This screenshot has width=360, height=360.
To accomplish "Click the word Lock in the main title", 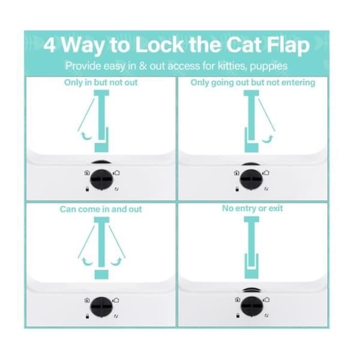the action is [160, 44].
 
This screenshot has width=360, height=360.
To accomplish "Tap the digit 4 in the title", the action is [49, 45].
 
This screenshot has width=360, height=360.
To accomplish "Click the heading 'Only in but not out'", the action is [101, 82].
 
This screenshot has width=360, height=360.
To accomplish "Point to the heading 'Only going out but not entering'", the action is [253, 82].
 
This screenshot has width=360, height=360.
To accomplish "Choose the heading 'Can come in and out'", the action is [101, 209].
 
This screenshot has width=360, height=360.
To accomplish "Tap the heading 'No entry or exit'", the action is [253, 208].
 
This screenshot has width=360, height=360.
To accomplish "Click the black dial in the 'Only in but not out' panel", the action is [101, 179].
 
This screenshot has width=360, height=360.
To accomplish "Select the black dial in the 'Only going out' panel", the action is [251, 179].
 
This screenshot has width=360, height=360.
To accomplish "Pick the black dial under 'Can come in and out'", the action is [101, 307].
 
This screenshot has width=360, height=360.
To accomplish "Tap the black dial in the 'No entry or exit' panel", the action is [252, 306].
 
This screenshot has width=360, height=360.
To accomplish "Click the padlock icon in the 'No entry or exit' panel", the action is [238, 315].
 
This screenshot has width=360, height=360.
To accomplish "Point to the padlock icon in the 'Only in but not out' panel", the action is [87, 189].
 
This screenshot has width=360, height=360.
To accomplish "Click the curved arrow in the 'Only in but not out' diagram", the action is [86, 136].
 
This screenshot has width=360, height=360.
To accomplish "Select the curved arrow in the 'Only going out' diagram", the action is [268, 139].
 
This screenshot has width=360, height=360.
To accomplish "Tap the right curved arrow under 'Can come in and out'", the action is [116, 262].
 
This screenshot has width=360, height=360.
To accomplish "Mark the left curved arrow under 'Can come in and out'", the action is [87, 262].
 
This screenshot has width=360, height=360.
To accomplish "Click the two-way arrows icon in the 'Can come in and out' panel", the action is [116, 316].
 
